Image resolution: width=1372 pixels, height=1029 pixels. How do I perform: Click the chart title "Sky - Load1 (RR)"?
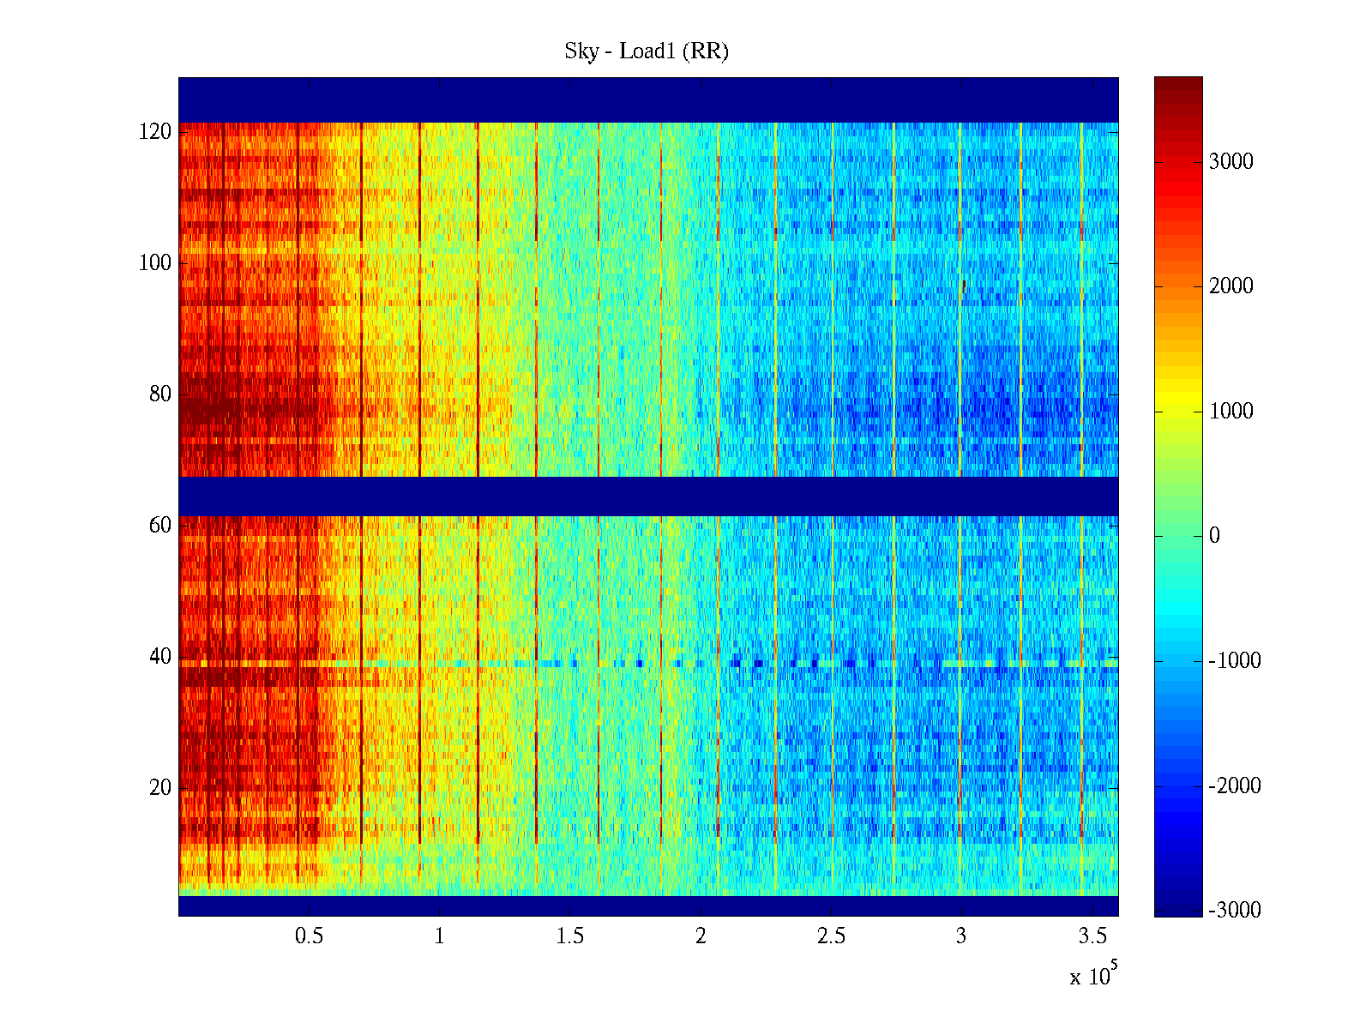pos(647,51)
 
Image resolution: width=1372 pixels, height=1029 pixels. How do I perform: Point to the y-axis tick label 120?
pos(155,132)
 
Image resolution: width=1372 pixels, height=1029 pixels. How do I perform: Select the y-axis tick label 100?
pos(155,263)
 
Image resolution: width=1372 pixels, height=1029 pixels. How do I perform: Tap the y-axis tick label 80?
pos(160,394)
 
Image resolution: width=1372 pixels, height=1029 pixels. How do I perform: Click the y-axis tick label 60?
pos(160,526)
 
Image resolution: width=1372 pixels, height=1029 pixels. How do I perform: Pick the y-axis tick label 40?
pos(160,657)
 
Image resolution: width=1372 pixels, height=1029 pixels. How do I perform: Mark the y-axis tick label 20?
pos(160,788)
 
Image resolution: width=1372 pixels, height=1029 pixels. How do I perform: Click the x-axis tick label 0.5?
pos(310,936)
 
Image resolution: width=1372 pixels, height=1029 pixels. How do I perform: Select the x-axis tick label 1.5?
pos(570,936)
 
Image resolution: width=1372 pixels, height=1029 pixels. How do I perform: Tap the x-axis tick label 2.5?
pos(831,936)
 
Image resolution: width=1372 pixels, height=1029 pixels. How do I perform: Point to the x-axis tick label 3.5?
pos(1092,936)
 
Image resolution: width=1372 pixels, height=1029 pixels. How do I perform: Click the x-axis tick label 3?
pos(961,936)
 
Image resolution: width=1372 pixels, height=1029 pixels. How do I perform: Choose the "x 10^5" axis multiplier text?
pos(1093,975)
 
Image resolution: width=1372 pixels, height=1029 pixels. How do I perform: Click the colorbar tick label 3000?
pos(1231,162)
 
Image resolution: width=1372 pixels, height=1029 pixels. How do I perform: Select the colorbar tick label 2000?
pos(1231,286)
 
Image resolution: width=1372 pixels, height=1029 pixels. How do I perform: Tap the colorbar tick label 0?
pos(1214,536)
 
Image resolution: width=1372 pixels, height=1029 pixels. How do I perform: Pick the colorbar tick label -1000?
pos(1235,661)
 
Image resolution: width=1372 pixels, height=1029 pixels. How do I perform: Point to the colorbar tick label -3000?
pos(1235,911)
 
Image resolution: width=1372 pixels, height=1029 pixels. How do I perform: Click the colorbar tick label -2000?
pos(1235,786)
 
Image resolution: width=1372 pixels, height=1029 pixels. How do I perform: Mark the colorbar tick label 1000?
pos(1231,412)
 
